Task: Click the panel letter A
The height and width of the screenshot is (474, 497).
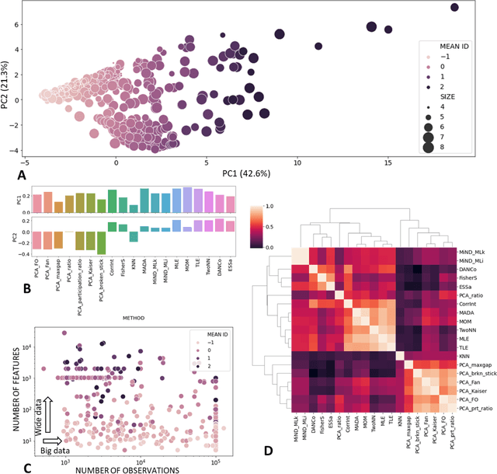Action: [x=10, y=175]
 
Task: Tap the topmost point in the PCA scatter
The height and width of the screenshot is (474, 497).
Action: [x=455, y=8]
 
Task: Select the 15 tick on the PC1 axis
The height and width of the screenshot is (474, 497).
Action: [x=388, y=161]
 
